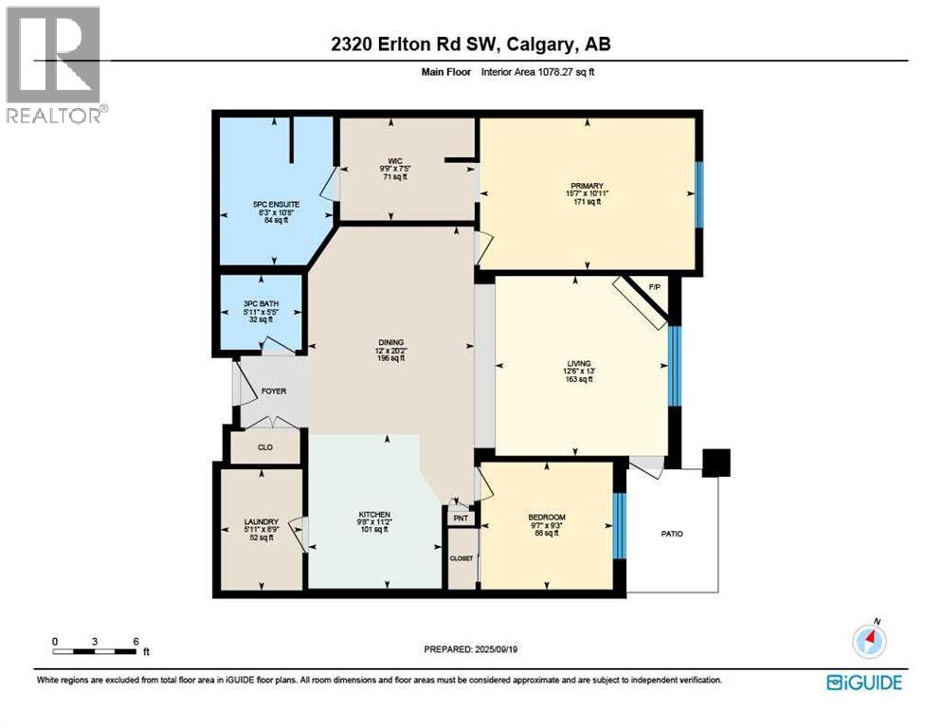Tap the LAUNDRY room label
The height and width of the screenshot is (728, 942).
coord(261,521)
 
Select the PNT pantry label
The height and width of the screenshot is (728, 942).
coord(461,519)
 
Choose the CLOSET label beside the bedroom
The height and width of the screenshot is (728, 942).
coord(461,558)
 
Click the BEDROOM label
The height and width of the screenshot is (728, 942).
coord(546,518)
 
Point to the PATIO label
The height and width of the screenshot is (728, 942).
coord(671,534)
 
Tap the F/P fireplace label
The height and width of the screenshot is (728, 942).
coord(654,286)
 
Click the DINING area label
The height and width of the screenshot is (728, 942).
coord(390,342)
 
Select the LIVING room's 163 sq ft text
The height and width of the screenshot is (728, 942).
coord(579,379)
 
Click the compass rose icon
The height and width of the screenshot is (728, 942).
coord(868,642)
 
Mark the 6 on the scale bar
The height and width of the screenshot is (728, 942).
coord(136,641)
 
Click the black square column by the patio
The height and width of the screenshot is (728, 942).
coord(717,462)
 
